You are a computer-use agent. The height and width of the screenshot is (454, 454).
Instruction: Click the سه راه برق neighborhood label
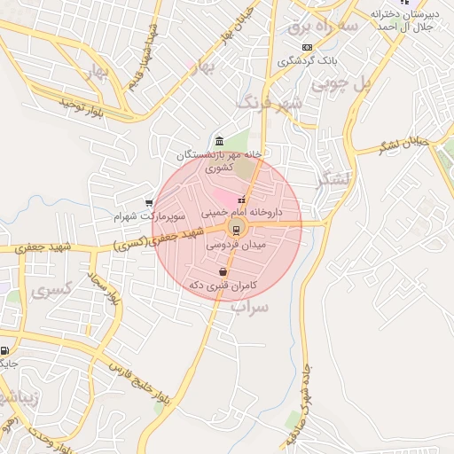coord(322,27)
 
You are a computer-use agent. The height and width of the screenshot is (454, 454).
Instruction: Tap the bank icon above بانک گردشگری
coord(307,46)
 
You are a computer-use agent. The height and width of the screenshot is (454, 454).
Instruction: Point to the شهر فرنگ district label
coord(270,103)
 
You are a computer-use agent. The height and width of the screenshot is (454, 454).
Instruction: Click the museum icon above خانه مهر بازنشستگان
coord(219,140)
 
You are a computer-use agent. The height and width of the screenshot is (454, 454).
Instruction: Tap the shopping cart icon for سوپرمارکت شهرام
coord(148,203)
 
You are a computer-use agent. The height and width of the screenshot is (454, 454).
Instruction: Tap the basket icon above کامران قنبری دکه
coord(222,272)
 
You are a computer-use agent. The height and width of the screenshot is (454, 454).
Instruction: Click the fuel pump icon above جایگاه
coord(4,350)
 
